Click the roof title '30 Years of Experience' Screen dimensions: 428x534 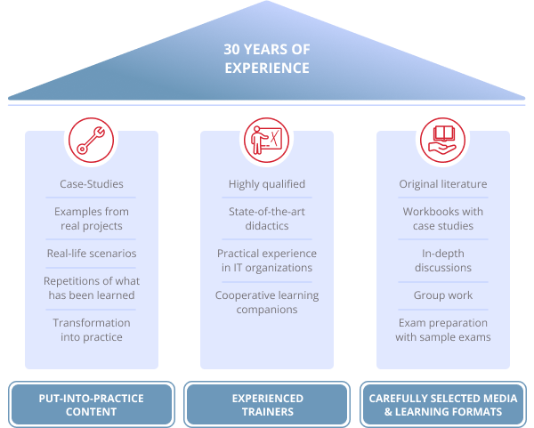point(266,59)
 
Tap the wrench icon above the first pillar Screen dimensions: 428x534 point(91,139)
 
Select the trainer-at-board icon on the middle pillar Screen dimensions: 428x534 point(266,139)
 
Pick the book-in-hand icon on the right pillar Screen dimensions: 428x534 point(442,139)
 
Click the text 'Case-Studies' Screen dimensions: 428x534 point(91,184)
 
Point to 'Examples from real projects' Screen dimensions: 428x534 point(91,219)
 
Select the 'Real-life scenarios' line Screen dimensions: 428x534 point(91,254)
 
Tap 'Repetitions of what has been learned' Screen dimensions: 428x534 point(91,288)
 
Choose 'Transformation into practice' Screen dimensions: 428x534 point(91,330)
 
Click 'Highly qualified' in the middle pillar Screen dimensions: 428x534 point(266,184)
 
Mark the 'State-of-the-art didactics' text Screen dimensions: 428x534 point(266,219)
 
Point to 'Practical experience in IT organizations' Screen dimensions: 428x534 point(266,261)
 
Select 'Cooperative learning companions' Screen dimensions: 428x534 point(266,303)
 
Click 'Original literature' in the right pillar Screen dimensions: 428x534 point(442,184)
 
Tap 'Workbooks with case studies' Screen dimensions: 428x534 point(442,219)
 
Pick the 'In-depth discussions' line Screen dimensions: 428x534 point(442,261)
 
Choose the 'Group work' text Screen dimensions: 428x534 point(442,295)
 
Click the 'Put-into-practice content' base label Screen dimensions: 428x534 point(91,405)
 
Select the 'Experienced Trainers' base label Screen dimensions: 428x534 point(266,405)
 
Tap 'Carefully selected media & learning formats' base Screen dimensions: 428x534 point(442,405)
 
